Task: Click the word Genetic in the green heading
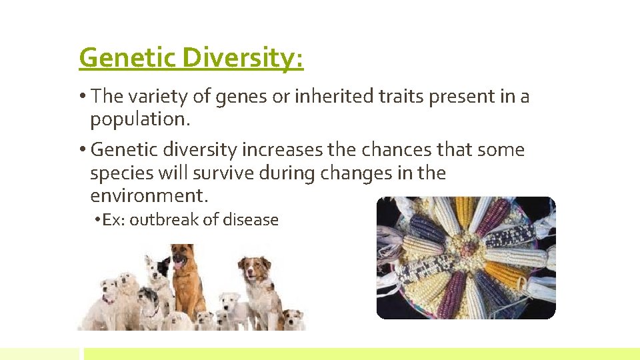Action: tap(127, 58)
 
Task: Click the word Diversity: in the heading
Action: tap(243, 58)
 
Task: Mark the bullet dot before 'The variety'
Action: tap(83, 97)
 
